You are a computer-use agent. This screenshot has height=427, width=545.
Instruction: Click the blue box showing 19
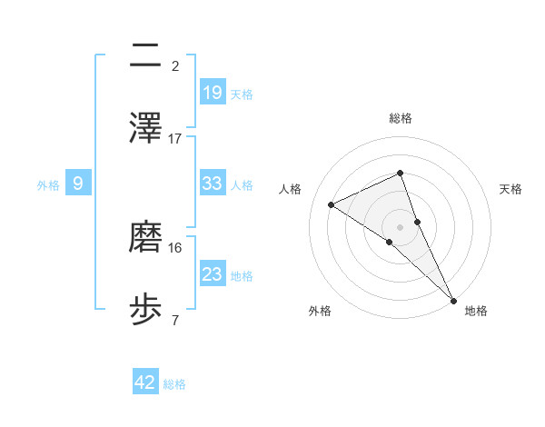213,92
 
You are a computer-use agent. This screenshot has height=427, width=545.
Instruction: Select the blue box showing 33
213,184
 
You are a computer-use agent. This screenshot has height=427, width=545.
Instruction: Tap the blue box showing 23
213,274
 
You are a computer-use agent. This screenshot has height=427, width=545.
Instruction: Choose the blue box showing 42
145,382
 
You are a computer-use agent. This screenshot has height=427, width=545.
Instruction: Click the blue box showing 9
78,184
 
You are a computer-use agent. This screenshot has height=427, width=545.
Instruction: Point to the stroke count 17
175,139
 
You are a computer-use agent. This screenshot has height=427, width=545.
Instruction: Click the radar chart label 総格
400,118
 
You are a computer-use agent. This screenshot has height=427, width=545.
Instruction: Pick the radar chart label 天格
510,189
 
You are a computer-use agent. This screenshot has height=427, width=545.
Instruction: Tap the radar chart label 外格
320,311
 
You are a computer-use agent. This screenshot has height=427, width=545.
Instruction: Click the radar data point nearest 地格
452,298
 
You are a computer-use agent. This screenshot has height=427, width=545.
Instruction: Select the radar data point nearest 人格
332,205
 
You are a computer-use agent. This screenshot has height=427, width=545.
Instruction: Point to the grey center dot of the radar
400,226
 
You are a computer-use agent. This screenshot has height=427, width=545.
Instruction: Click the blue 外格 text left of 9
48,184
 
